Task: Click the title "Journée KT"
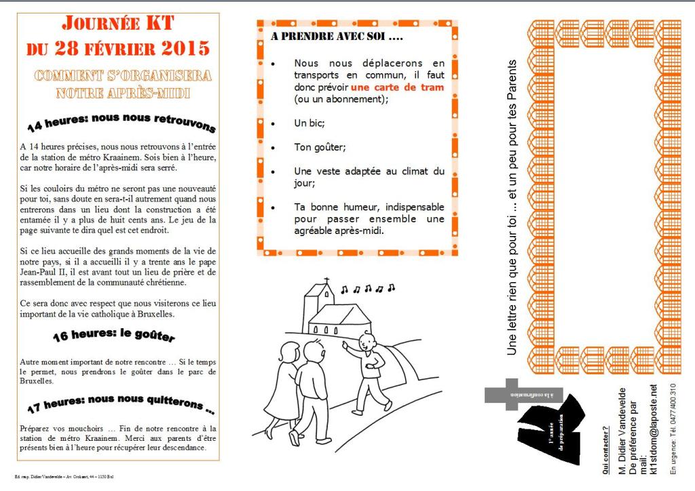pos(118,24)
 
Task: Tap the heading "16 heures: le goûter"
pos(114,336)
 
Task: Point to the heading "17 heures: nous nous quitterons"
pos(121,404)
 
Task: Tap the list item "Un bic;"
pos(309,123)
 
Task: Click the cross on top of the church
pos(326,281)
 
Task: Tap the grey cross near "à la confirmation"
pos(510,394)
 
